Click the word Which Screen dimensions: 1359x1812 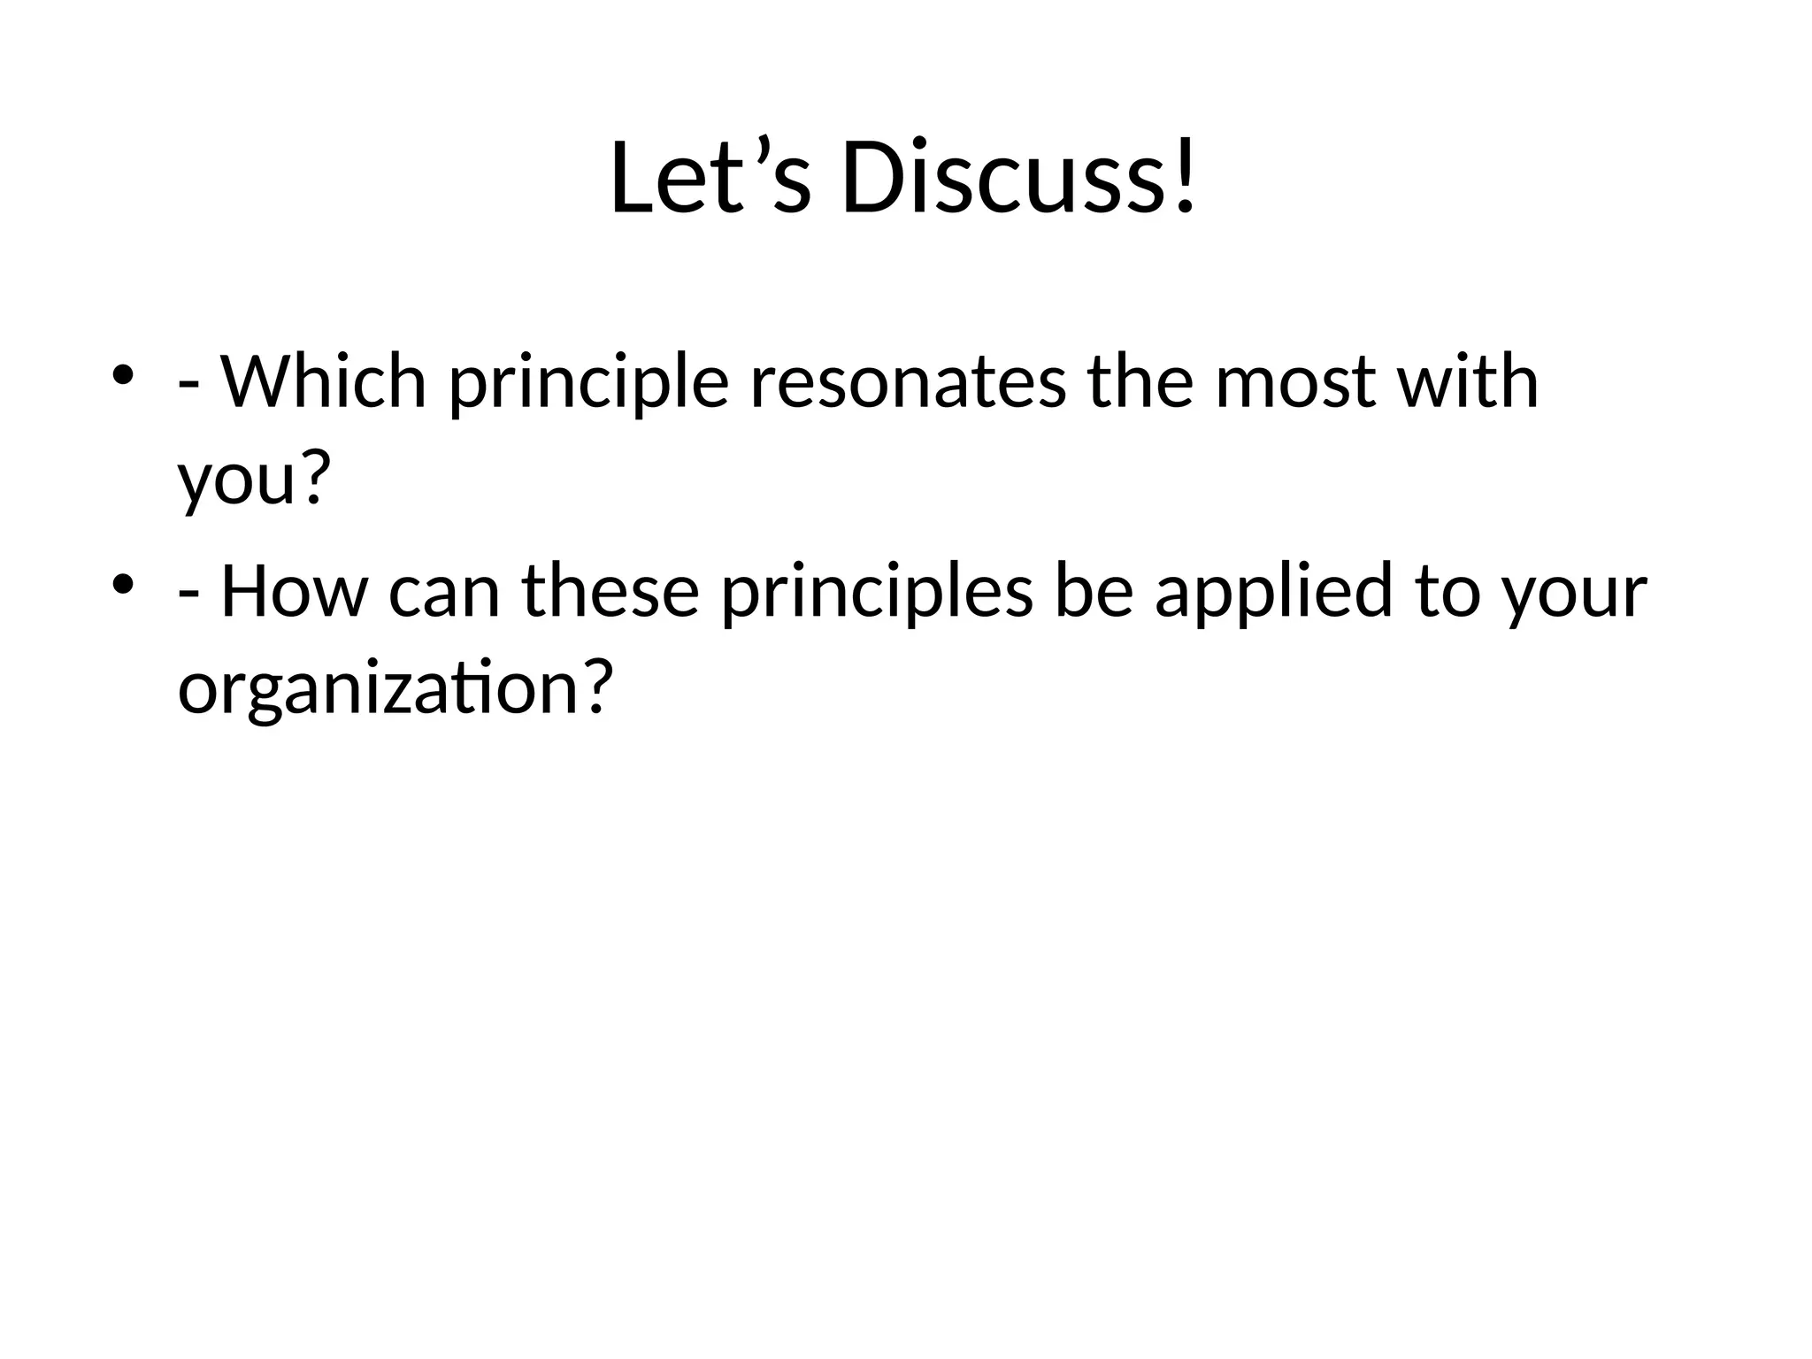[323, 382]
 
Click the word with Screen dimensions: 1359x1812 [1468, 382]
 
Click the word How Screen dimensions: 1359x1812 [293, 592]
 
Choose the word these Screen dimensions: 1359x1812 [610, 592]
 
